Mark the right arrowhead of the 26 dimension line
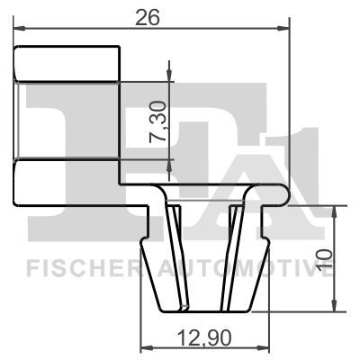click(x=288, y=30)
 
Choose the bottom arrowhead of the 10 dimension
click(x=334, y=306)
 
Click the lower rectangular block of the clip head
click(x=67, y=179)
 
